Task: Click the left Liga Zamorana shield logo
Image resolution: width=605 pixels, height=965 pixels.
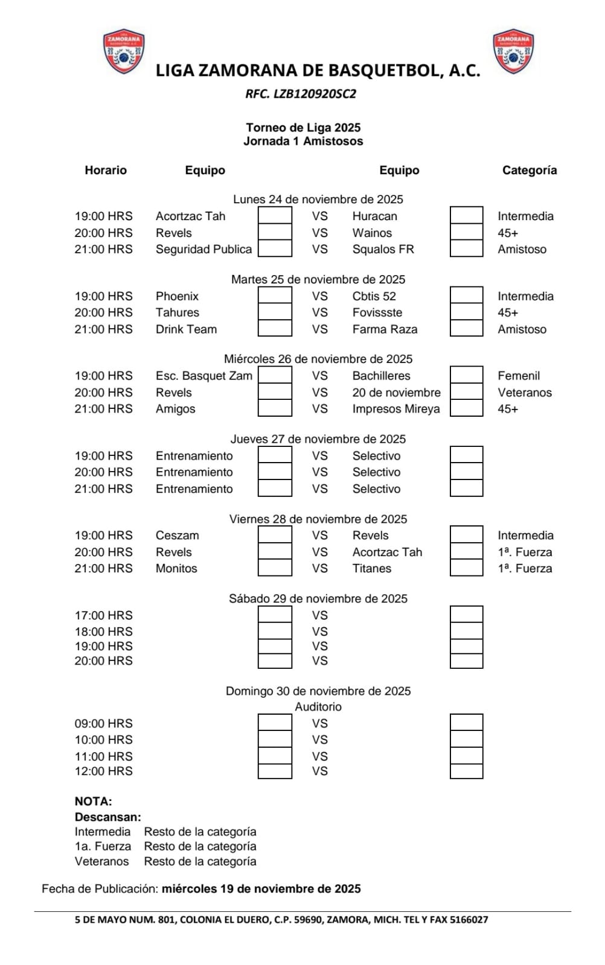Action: [124, 52]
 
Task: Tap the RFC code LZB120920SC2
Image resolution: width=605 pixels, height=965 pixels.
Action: [301, 93]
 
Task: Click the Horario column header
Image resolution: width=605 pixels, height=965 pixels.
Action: [106, 170]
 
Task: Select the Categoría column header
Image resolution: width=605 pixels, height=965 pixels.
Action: [529, 170]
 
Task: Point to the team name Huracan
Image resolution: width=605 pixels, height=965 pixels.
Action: [374, 216]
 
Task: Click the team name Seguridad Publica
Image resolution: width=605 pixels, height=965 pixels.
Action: [203, 249]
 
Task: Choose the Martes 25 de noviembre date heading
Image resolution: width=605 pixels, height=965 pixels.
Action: [318, 279]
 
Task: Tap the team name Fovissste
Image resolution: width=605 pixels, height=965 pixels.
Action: [377, 312]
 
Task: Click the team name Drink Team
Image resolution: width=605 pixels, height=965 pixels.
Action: [186, 329]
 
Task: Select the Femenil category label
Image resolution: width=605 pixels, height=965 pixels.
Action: [519, 376]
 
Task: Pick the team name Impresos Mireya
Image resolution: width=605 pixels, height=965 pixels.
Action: [396, 409]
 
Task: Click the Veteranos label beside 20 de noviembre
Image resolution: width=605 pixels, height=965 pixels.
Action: [524, 393]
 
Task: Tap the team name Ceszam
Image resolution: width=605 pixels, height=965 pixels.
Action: [177, 536]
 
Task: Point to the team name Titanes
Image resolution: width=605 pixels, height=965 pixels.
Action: [371, 568]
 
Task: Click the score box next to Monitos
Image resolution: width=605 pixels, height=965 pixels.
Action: [275, 568]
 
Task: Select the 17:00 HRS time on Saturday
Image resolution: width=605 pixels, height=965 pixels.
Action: [103, 615]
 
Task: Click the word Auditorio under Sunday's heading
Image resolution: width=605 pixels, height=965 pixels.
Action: [318, 707]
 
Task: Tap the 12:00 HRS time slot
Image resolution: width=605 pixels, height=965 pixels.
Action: [103, 771]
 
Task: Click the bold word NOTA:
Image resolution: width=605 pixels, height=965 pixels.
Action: [93, 802]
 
